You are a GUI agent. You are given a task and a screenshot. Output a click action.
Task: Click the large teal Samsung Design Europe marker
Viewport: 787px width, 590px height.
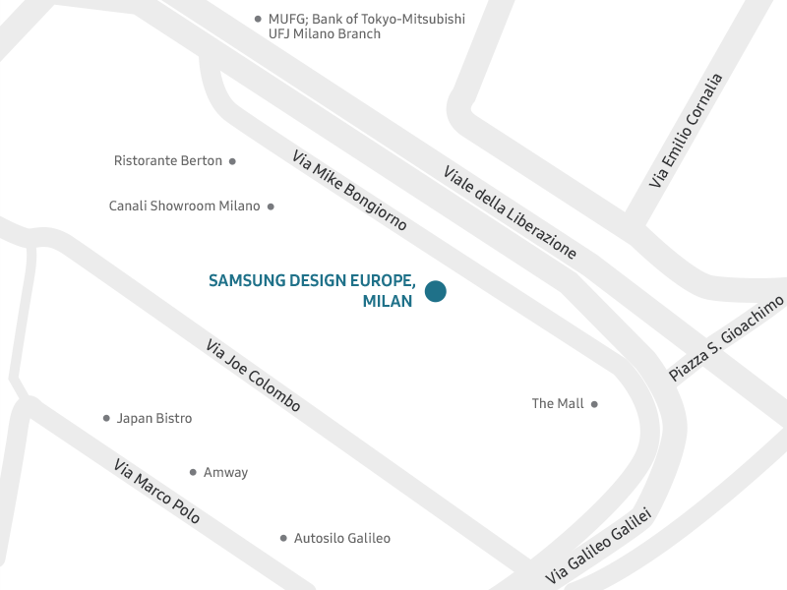(x=435, y=291)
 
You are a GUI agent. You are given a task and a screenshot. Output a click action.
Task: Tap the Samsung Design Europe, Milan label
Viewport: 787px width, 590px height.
(x=312, y=290)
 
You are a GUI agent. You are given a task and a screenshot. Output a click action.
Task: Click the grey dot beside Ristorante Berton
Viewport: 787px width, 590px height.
(x=232, y=160)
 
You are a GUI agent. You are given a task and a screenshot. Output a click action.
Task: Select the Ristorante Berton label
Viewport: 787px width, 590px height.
(x=168, y=160)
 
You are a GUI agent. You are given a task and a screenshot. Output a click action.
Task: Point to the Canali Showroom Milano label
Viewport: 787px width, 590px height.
(x=184, y=206)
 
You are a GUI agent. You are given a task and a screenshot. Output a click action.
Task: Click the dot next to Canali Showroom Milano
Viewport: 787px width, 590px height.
(x=271, y=206)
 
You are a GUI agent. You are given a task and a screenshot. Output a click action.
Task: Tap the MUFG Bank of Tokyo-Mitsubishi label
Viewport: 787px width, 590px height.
(x=366, y=26)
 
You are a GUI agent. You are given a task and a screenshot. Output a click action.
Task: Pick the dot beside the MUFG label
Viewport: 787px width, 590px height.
(x=258, y=19)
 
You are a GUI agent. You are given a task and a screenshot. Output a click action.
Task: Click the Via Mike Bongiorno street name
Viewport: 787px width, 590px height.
(x=349, y=190)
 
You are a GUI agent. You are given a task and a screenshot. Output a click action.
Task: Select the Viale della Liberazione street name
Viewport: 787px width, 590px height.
(x=510, y=212)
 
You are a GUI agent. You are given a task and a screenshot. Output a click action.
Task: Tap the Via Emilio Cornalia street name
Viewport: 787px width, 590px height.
(x=686, y=131)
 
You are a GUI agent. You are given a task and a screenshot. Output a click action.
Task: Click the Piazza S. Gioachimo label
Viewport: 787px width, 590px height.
(x=727, y=338)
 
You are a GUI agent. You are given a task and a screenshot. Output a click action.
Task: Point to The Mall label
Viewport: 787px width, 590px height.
(x=558, y=403)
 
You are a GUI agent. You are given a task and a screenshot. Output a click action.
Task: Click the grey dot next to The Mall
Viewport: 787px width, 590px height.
(x=594, y=403)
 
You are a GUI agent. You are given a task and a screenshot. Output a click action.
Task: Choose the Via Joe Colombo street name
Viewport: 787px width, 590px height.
(x=253, y=375)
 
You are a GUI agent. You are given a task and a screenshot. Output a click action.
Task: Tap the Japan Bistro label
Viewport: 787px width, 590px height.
(x=154, y=418)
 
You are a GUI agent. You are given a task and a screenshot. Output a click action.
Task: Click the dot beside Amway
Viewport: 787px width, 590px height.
(x=193, y=472)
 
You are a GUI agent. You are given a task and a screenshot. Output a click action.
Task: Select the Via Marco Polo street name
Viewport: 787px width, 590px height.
(x=156, y=491)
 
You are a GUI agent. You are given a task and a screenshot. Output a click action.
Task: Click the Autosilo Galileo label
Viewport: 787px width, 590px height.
(x=342, y=538)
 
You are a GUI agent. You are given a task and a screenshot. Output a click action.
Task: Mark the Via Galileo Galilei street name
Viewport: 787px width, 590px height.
(x=599, y=547)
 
